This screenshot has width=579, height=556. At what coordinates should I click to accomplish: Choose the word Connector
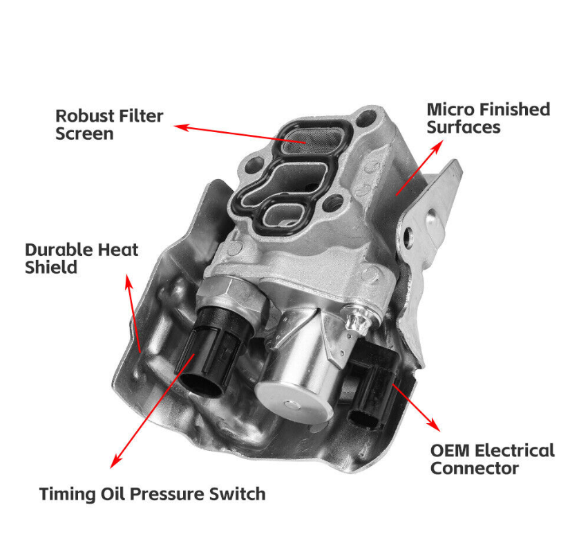click(x=474, y=468)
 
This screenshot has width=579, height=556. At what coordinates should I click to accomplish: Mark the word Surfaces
click(x=463, y=127)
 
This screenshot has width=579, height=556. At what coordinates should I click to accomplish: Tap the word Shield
click(x=51, y=267)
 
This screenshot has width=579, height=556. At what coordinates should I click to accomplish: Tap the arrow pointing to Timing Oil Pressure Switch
click(x=149, y=415)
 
